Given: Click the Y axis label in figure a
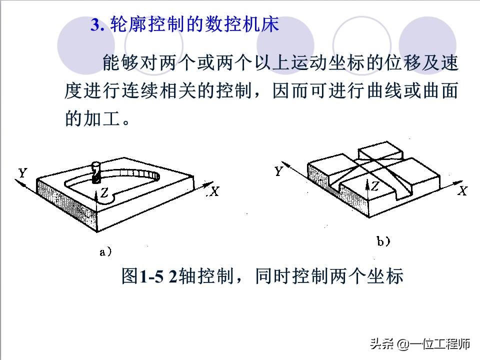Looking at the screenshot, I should (x=22, y=173).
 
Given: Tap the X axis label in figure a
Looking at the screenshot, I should (x=214, y=191).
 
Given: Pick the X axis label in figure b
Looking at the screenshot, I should (x=463, y=190).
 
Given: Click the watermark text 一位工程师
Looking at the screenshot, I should (x=440, y=344).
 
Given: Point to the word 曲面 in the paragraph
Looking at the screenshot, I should (x=442, y=91).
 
